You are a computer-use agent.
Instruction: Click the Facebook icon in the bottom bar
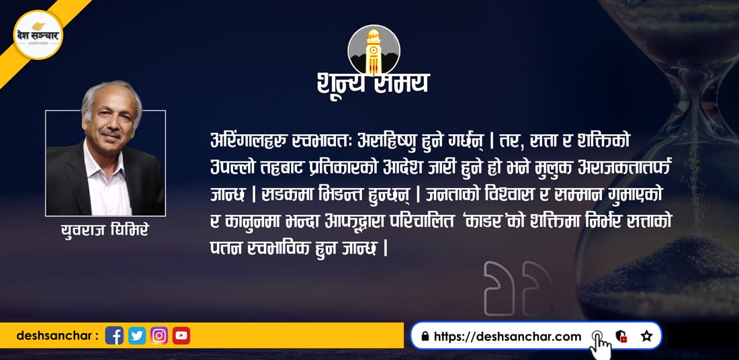pyautogui.click(x=114, y=336)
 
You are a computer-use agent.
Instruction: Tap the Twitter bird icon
pyautogui.click(x=137, y=336)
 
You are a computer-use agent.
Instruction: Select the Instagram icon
pyautogui.click(x=159, y=336)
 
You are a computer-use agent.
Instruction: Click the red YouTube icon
pyautogui.click(x=181, y=336)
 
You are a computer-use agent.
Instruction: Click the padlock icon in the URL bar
pyautogui.click(x=425, y=336)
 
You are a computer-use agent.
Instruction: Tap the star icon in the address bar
pyautogui.click(x=646, y=336)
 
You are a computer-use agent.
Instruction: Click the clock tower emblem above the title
pyautogui.click(x=374, y=50)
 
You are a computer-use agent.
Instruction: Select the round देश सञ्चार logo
pyautogui.click(x=38, y=35)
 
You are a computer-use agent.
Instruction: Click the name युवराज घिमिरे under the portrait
pyautogui.click(x=105, y=230)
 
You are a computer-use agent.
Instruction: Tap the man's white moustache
pyautogui.click(x=112, y=134)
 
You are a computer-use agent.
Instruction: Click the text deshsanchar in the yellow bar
pyautogui.click(x=52, y=336)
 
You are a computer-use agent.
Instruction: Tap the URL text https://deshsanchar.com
pyautogui.click(x=508, y=336)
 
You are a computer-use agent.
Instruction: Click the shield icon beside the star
pyautogui.click(x=621, y=336)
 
